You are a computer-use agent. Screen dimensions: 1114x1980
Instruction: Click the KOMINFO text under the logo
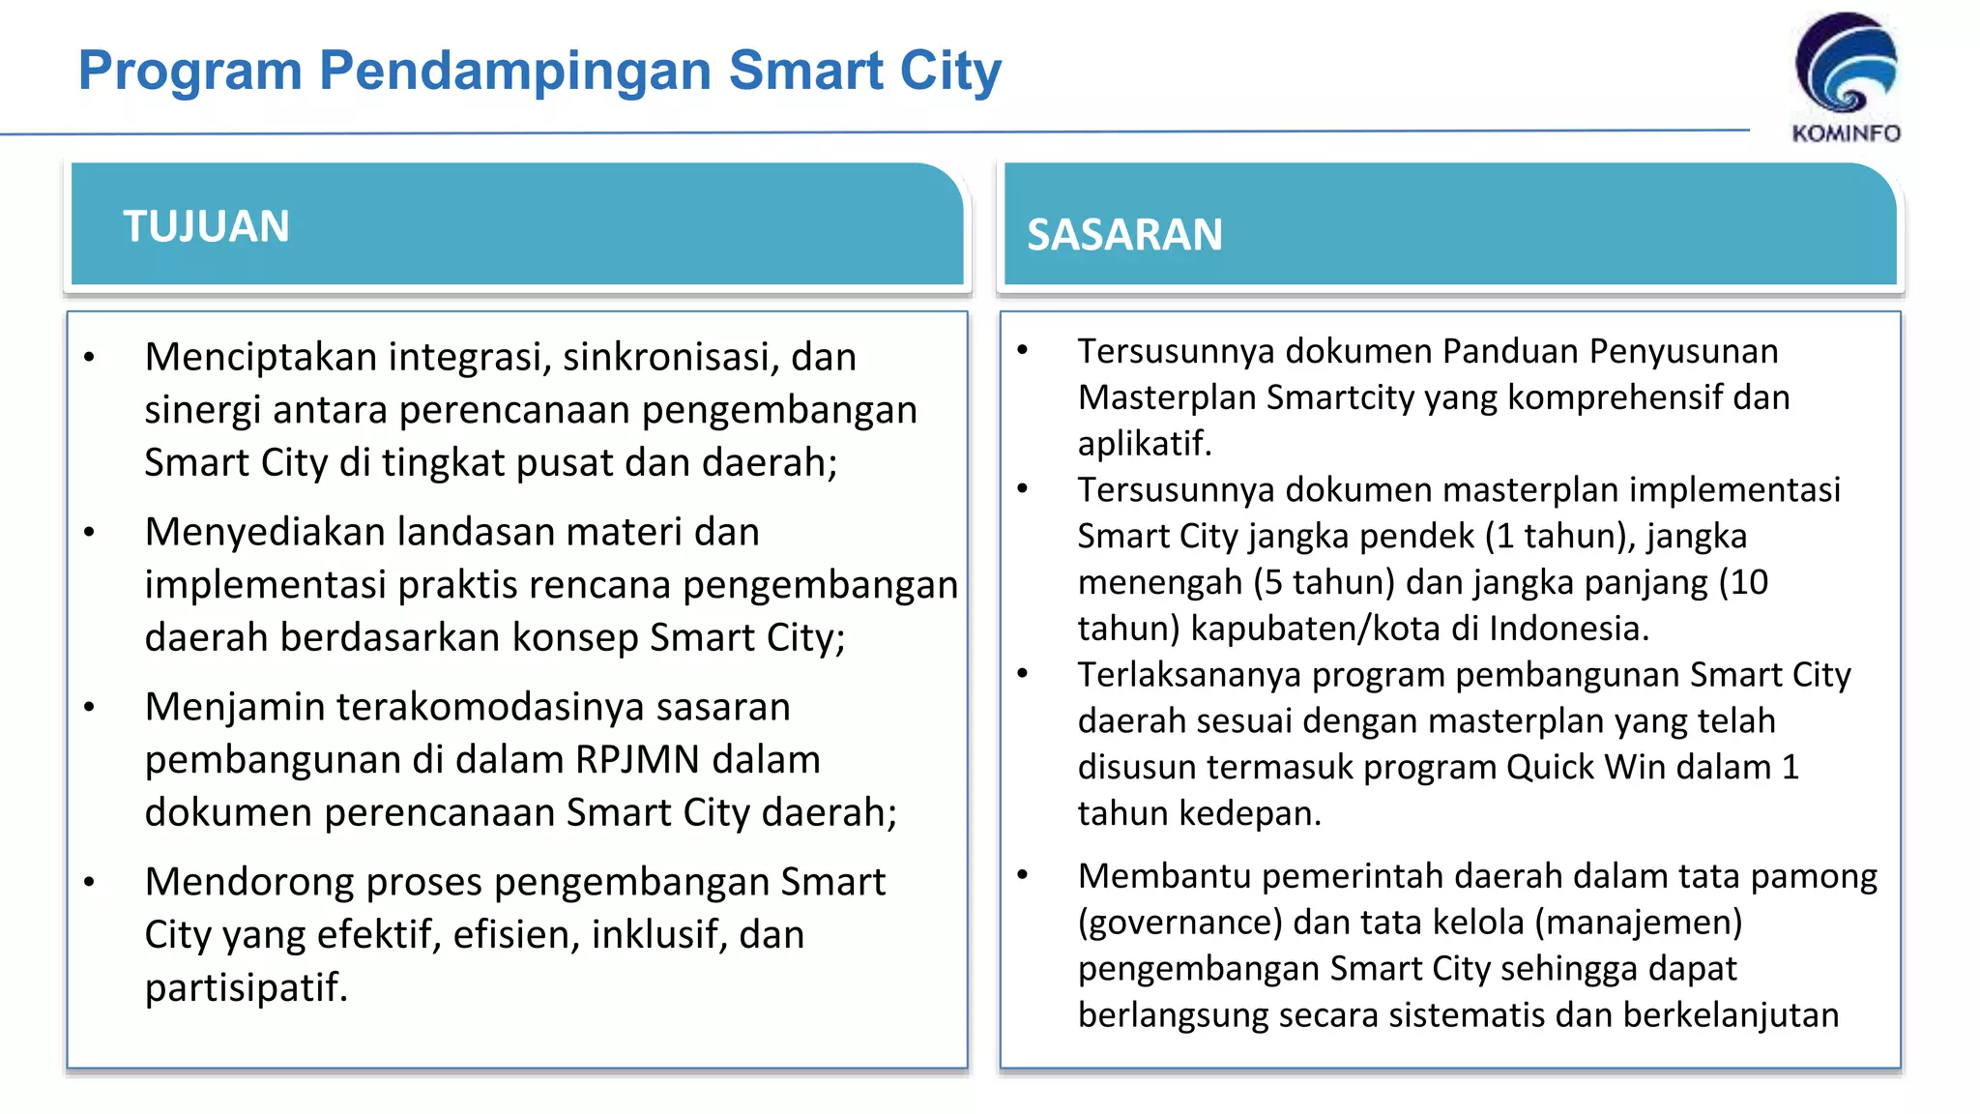click(1846, 133)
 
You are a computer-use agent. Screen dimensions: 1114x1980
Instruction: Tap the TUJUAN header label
click(206, 226)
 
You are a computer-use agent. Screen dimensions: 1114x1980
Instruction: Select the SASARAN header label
click(1124, 235)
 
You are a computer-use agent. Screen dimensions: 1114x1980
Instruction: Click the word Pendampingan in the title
click(516, 71)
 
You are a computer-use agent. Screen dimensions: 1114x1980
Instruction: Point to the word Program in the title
click(190, 71)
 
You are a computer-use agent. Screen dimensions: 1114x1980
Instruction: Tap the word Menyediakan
click(264, 532)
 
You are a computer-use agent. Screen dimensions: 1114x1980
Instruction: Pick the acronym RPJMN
click(637, 760)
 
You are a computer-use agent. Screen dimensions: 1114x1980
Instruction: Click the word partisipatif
click(245, 987)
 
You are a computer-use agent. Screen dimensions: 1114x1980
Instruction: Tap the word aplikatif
click(1144, 444)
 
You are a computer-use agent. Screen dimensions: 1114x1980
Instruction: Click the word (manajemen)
click(1638, 923)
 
